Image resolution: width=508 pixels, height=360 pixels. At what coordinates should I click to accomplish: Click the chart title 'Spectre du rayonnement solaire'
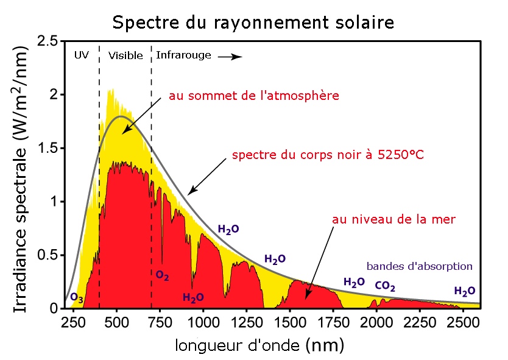pyautogui.click(x=253, y=23)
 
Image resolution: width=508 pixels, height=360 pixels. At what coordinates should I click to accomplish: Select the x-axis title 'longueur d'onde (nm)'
pyautogui.click(x=259, y=345)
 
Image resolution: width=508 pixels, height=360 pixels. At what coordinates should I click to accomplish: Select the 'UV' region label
pyautogui.click(x=81, y=55)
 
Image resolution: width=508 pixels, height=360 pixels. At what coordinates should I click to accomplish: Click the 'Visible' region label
pyautogui.click(x=125, y=55)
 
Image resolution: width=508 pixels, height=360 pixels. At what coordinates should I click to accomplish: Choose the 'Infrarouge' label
pyautogui.click(x=183, y=55)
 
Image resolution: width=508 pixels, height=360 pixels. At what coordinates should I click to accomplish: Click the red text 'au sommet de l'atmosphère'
pyautogui.click(x=254, y=96)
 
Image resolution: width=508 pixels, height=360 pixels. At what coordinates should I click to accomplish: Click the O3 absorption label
pyautogui.click(x=77, y=298)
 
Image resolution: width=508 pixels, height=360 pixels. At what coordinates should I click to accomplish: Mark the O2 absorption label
pyautogui.click(x=162, y=276)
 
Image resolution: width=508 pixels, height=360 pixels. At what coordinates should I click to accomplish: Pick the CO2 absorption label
pyautogui.click(x=385, y=285)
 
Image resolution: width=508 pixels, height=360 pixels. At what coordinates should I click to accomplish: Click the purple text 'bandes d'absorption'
pyautogui.click(x=419, y=266)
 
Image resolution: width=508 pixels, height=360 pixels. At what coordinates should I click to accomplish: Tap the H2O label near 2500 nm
pyautogui.click(x=465, y=291)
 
